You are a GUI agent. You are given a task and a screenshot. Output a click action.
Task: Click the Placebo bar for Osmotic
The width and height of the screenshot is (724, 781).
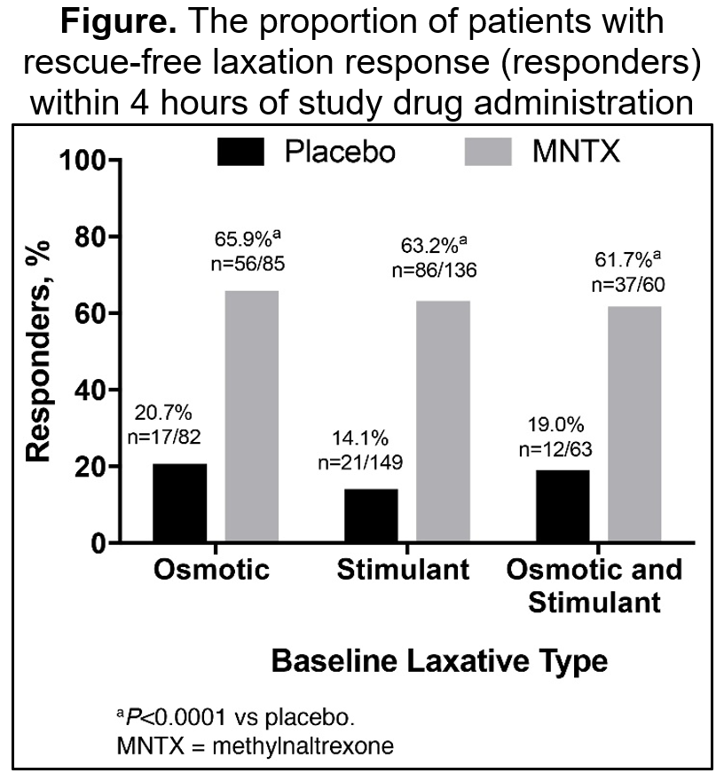(x=180, y=502)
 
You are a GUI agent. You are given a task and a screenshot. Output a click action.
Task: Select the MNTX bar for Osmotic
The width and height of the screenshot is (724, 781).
(x=252, y=416)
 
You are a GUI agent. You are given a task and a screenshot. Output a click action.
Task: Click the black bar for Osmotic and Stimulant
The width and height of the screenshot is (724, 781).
(x=562, y=506)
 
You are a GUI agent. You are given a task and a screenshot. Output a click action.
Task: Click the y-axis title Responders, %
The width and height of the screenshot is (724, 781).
(x=38, y=352)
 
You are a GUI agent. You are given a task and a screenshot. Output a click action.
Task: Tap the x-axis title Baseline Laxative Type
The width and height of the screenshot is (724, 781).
(x=439, y=661)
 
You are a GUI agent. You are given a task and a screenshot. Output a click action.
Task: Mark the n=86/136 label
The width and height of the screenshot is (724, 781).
(x=434, y=270)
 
